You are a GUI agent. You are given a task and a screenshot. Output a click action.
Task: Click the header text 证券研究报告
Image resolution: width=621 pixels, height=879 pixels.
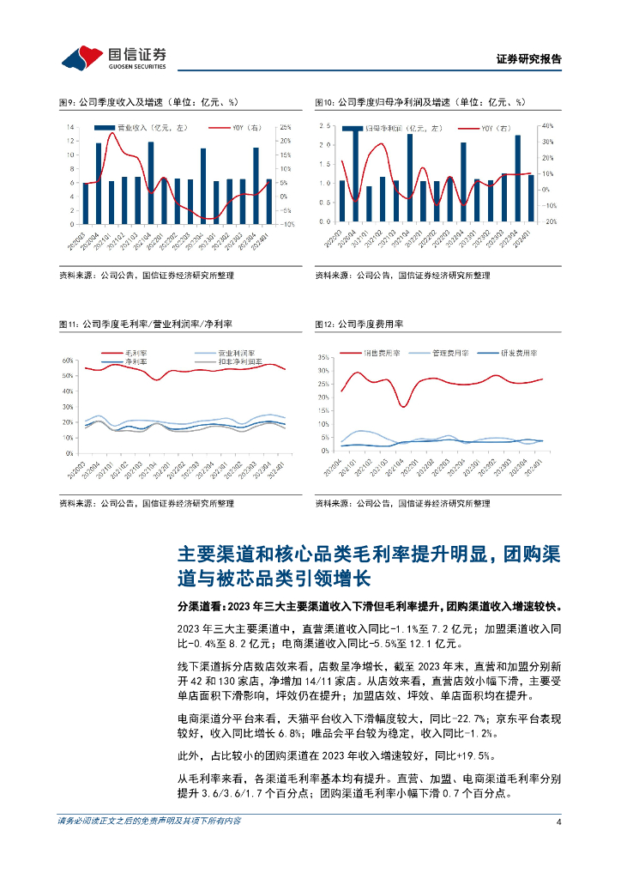click(x=528, y=59)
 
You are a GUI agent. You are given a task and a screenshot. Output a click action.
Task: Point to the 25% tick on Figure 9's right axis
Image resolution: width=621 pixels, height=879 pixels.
click(x=286, y=127)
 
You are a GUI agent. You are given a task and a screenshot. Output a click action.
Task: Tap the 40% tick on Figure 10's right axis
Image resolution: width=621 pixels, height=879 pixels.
click(x=548, y=126)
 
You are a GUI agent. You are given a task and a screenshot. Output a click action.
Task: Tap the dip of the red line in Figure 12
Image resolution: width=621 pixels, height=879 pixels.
click(x=402, y=405)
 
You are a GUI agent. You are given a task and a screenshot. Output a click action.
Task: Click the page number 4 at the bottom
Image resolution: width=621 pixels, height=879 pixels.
click(x=558, y=846)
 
